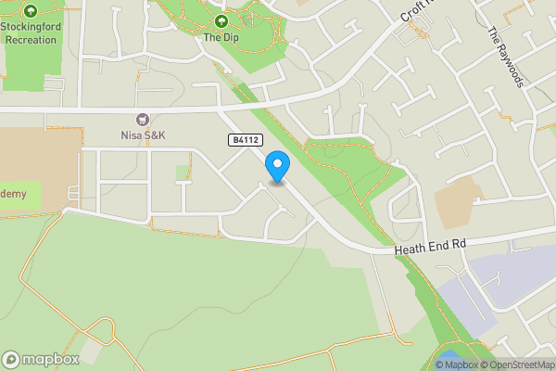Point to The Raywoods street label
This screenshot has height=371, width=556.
coord(507,55)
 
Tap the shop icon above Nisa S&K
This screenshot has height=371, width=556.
coord(142,119)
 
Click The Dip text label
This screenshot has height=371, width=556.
coord(221,37)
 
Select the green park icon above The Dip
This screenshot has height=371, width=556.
coord(221,20)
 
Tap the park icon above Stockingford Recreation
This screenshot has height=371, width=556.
coord(31,11)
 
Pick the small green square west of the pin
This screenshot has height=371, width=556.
coord(183,173)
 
